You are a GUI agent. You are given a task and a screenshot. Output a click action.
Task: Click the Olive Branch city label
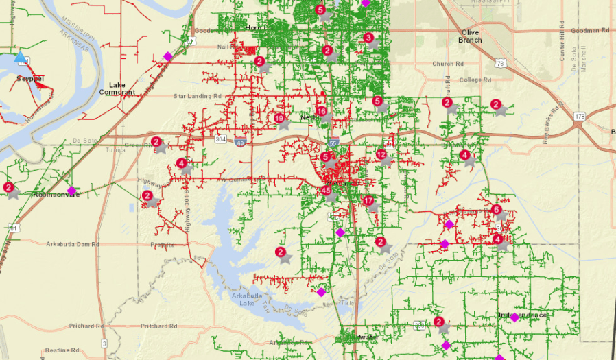click(x=470, y=36)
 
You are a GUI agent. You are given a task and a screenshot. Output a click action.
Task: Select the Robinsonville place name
click(x=57, y=195)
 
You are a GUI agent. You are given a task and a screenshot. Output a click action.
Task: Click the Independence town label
click(x=523, y=315)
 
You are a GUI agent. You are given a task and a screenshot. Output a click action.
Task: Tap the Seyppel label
click(x=30, y=80)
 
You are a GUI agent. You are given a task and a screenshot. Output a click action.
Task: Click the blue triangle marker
click(x=21, y=58)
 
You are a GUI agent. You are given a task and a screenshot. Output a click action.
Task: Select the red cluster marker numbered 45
click(x=326, y=191)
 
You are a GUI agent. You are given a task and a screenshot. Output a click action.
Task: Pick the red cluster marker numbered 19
click(x=279, y=119)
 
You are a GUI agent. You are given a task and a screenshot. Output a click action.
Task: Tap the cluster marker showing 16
click(x=322, y=111)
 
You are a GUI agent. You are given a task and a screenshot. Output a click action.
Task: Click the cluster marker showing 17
click(x=368, y=201)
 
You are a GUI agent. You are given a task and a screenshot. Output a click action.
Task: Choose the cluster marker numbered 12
click(x=381, y=154)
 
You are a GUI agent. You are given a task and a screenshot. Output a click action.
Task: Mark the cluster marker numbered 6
click(x=497, y=209)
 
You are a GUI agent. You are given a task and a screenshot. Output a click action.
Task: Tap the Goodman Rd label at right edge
click(x=590, y=31)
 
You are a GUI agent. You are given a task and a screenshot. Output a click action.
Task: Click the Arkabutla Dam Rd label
click(x=73, y=244)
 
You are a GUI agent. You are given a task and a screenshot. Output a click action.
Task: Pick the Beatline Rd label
click(x=64, y=350)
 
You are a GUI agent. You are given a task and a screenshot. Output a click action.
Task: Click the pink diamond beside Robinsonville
click(x=71, y=191)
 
